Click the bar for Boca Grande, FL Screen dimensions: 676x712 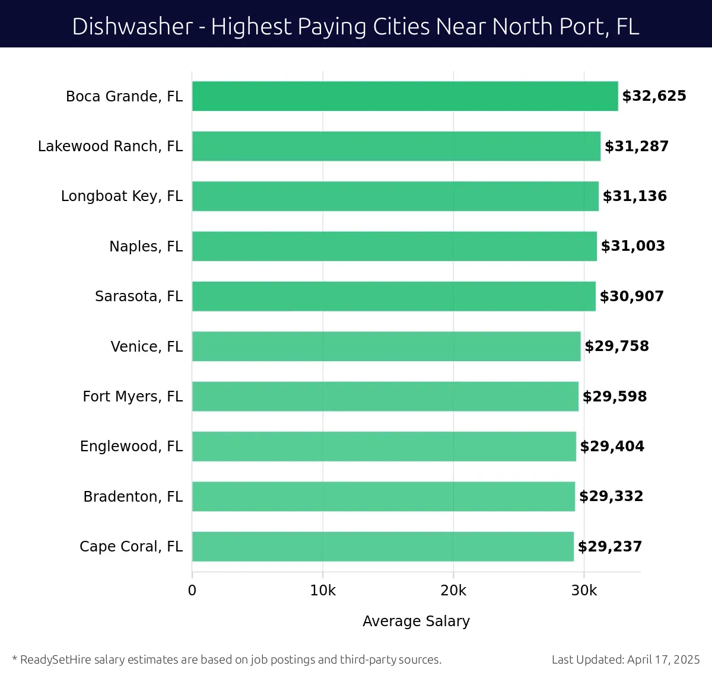click(405, 96)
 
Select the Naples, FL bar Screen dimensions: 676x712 click(394, 246)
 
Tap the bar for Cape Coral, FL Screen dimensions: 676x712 click(383, 546)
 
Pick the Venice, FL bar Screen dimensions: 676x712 click(386, 346)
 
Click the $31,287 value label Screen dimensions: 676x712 click(636, 146)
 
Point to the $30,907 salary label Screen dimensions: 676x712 click(631, 296)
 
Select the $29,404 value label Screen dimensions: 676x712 click(612, 447)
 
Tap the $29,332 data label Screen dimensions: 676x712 click(611, 496)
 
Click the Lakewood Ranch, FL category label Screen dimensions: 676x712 click(110, 146)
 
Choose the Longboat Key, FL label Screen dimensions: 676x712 click(122, 196)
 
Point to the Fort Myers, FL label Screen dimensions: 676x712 click(132, 396)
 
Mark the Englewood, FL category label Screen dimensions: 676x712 click(131, 447)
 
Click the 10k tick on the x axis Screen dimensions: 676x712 click(323, 591)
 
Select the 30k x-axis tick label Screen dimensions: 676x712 click(584, 591)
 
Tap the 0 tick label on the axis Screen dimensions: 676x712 click(192, 591)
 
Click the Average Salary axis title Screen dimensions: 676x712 click(416, 621)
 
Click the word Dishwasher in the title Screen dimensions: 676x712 click(132, 27)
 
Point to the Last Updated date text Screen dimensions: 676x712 click(625, 659)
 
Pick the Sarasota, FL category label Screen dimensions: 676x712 click(139, 296)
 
